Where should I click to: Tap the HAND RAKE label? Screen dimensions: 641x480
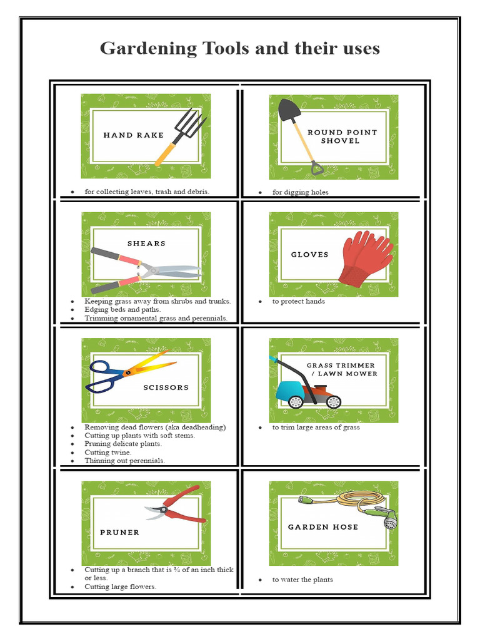pyautogui.click(x=133, y=135)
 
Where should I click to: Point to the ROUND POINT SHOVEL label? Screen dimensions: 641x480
pyautogui.click(x=342, y=136)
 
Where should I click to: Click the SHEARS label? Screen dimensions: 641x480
pyautogui.click(x=146, y=244)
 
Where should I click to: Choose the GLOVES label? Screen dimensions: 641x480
pyautogui.click(x=309, y=255)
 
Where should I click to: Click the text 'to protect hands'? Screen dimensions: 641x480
pyautogui.click(x=298, y=301)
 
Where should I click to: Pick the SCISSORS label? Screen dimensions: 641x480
pyautogui.click(x=166, y=387)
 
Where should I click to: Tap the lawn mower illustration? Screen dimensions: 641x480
pyautogui.click(x=306, y=386)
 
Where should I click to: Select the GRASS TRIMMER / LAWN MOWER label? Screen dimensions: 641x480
pyautogui.click(x=341, y=369)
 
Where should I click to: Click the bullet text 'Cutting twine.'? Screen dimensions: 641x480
pyautogui.click(x=108, y=452)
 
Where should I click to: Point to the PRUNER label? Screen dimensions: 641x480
pyautogui.click(x=119, y=533)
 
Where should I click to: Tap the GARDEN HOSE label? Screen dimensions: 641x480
pyautogui.click(x=323, y=527)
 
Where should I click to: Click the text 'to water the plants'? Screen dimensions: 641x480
pyautogui.click(x=302, y=580)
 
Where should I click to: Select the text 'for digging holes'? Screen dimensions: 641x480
pyautogui.click(x=300, y=192)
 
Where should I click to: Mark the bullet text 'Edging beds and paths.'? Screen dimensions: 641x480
pyautogui.click(x=122, y=309)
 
